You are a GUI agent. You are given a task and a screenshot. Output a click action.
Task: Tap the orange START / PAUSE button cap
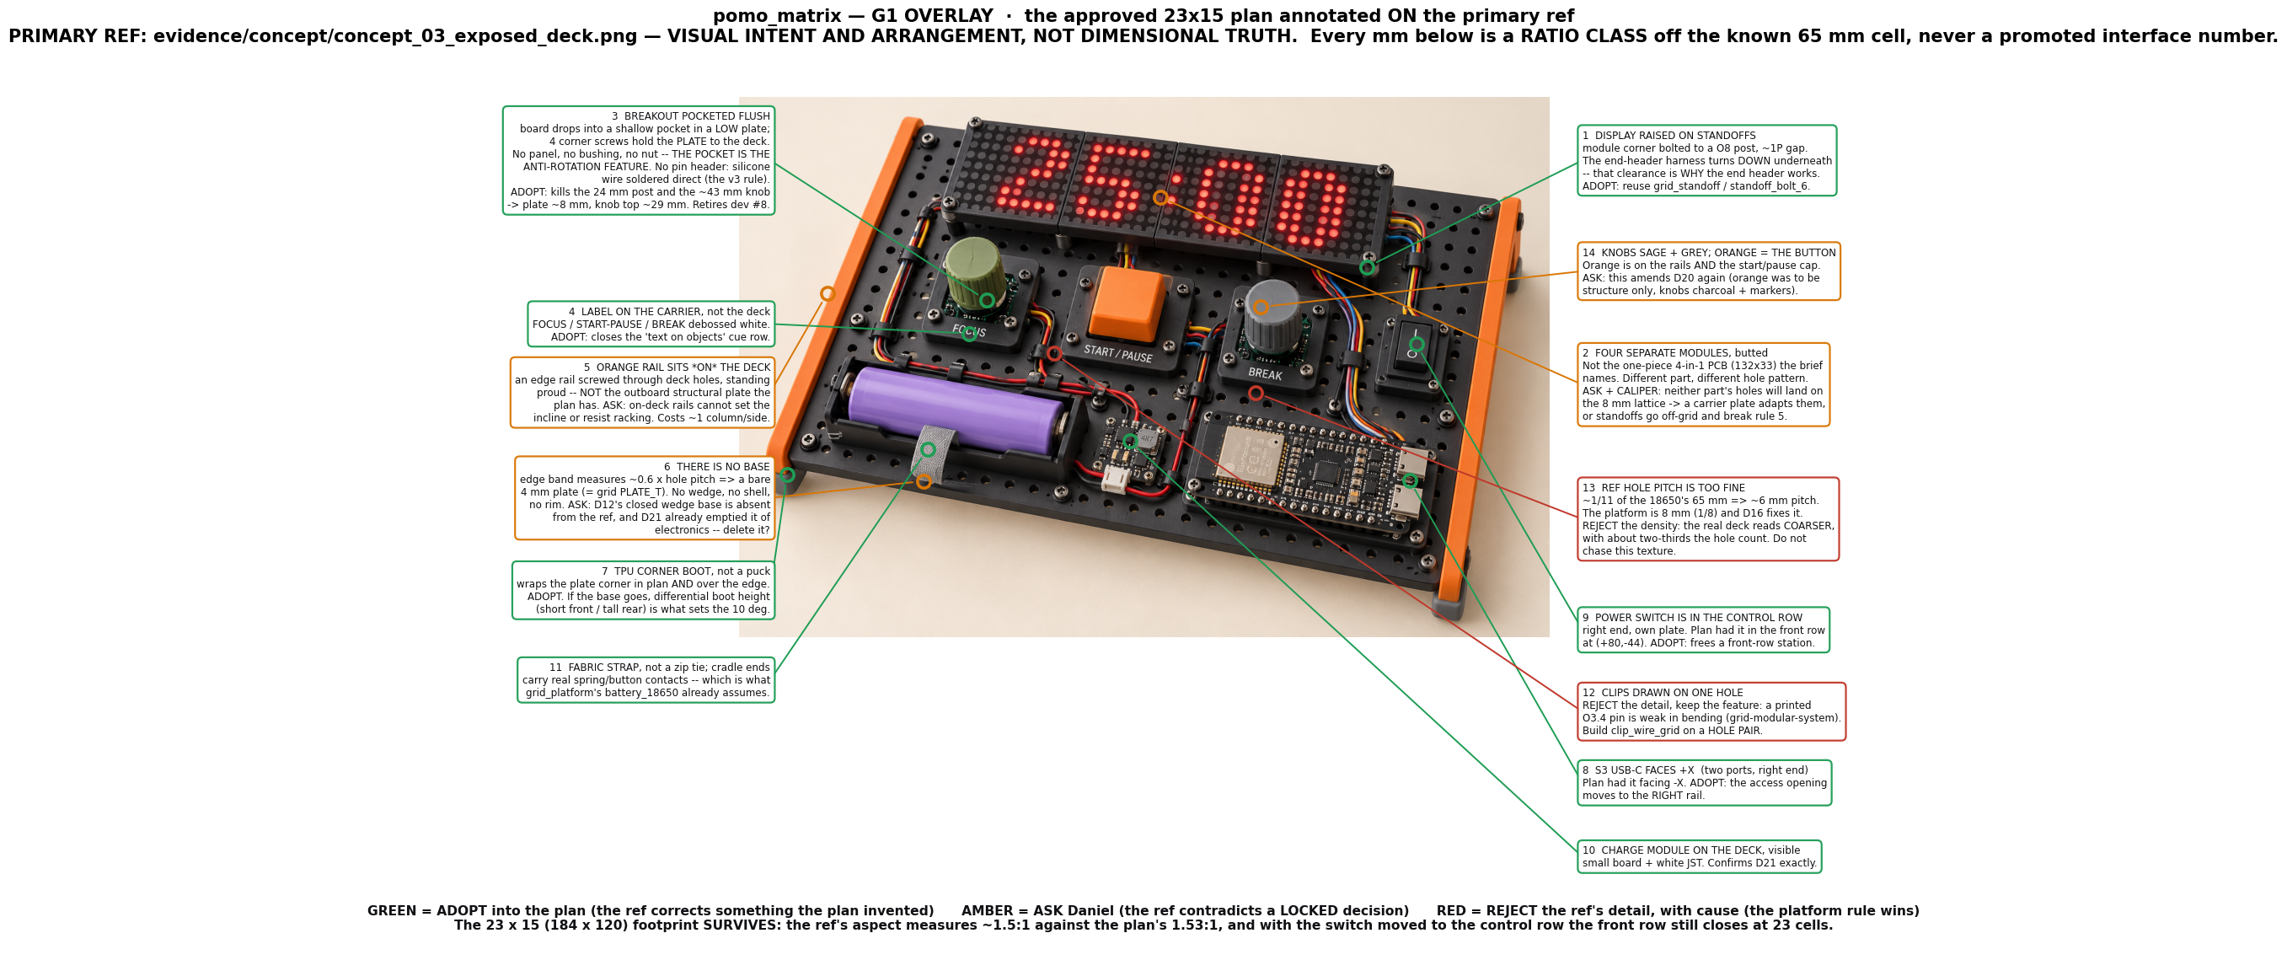pos(1128,303)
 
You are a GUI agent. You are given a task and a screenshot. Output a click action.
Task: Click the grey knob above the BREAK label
pos(1272,316)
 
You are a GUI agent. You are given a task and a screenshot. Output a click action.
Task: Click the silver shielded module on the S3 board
pos(1249,456)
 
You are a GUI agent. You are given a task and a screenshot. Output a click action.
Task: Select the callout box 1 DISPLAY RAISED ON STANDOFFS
pos(1706,161)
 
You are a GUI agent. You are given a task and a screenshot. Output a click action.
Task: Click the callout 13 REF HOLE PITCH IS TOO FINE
pos(1707,519)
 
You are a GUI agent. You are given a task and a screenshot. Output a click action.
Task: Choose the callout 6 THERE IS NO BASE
pos(645,498)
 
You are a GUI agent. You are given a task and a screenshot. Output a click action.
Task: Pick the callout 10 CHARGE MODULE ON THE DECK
pos(1700,857)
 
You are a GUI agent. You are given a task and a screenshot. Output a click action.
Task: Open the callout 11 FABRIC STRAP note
pos(646,680)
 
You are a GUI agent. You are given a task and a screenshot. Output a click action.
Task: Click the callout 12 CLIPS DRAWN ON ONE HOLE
pos(1711,711)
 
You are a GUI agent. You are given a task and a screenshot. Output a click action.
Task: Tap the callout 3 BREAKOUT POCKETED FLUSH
pos(639,161)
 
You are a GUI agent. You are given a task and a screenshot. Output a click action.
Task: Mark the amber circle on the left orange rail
pos(827,294)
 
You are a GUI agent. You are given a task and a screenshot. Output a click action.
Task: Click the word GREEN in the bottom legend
pos(392,911)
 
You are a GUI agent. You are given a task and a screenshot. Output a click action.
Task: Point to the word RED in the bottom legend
pos(1451,911)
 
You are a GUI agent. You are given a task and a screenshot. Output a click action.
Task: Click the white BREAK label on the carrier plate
pos(1265,374)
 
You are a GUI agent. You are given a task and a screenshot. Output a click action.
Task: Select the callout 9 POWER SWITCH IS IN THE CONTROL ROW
pos(1703,630)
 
